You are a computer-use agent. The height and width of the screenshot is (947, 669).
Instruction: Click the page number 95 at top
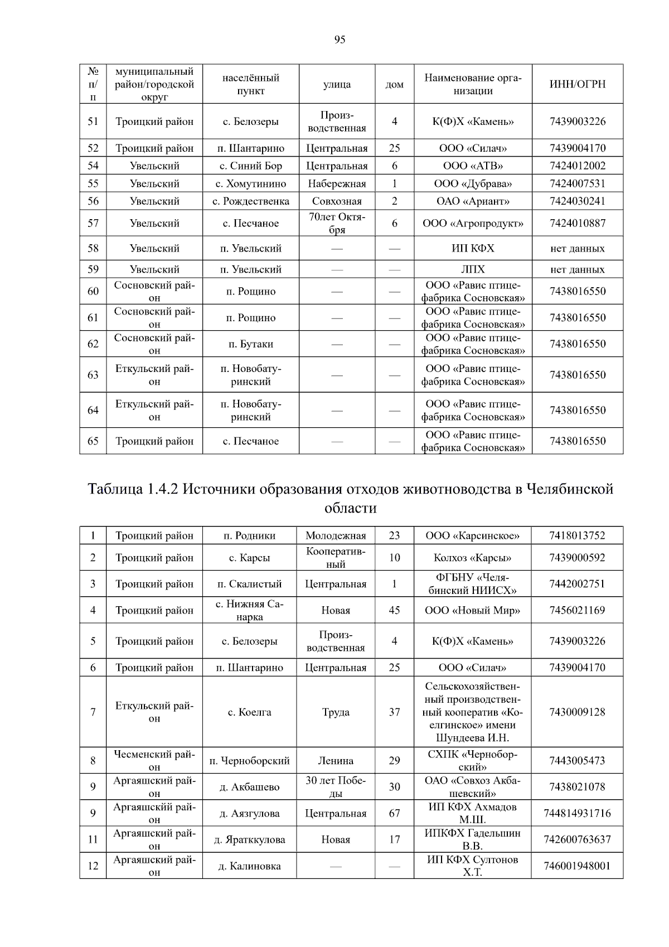340,40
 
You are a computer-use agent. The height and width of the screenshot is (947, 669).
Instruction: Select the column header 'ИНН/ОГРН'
577,84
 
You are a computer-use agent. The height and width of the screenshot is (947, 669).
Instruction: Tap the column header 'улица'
337,84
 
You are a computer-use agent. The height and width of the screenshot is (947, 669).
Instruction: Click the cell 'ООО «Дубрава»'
473,183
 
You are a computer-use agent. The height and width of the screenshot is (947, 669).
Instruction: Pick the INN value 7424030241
577,201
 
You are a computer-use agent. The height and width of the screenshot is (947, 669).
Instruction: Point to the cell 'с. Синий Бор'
251,166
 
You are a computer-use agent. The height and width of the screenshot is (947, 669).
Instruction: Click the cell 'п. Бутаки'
251,344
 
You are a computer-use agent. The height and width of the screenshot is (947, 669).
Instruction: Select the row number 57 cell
93,223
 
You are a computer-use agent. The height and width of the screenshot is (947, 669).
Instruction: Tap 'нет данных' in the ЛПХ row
577,269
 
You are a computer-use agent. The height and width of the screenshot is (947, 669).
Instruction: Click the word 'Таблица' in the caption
115,489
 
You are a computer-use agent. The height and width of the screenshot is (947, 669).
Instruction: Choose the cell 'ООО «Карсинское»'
472,536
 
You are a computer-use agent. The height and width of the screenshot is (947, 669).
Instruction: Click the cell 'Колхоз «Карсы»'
472,558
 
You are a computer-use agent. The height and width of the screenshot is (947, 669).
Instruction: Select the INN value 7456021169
577,610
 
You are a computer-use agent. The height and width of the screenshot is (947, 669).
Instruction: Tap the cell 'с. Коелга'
250,712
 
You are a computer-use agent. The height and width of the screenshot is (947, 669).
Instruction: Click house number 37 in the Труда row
394,712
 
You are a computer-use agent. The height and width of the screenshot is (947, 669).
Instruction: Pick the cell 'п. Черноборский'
250,761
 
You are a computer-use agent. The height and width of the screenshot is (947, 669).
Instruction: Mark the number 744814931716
577,814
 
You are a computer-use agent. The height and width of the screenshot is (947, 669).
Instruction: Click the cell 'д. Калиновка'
250,866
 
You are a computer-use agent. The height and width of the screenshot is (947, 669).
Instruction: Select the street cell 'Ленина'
336,761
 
